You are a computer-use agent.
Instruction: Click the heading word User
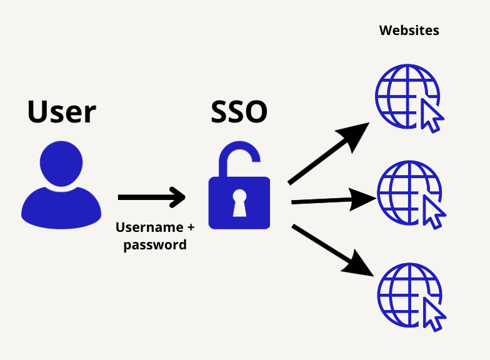coord(61,111)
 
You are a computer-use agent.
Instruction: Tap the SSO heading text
coord(239,111)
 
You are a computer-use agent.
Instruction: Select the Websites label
coord(409,30)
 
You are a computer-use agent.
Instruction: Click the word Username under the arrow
coord(149,227)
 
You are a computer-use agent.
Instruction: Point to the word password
coord(155,245)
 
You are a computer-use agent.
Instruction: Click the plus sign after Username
coord(191,227)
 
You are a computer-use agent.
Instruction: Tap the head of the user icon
coord(61,164)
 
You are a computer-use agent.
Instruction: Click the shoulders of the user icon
coord(61,207)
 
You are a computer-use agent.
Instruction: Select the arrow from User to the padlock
coord(152,197)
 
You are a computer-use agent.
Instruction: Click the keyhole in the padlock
coord(240,202)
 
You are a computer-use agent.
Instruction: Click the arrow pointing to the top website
coord(329,153)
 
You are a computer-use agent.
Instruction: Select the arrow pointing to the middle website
coord(334,200)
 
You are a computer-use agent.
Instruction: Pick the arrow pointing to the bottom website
coord(332,250)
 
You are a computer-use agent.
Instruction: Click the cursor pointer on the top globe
coord(431,116)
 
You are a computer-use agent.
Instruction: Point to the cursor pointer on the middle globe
coord(434,212)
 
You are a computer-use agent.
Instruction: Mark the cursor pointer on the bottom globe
coord(434,314)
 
